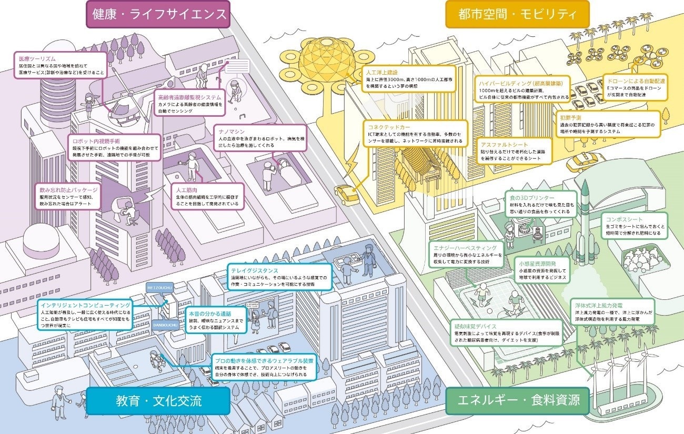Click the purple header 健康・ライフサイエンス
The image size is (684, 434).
(158, 14)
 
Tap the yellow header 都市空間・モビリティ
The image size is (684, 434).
(517, 14)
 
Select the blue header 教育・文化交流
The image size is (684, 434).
(158, 401)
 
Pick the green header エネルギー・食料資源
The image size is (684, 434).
(517, 401)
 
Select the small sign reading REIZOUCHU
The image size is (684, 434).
(159, 288)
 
